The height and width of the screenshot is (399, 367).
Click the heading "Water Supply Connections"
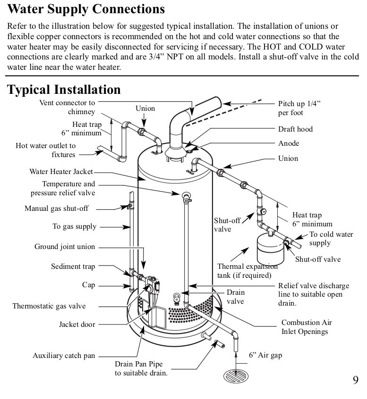pyautogui.click(x=86, y=9)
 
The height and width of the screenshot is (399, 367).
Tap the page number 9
pyautogui.click(x=355, y=380)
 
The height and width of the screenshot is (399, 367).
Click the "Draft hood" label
pyautogui.click(x=295, y=129)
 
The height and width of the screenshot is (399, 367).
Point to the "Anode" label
pyautogui.click(x=288, y=143)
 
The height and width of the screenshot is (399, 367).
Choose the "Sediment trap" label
pyautogui.click(x=73, y=266)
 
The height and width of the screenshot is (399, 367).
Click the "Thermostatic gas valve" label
pyautogui.click(x=49, y=306)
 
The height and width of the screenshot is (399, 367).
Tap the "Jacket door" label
pyautogui.click(x=77, y=324)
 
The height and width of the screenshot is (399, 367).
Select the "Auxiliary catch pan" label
pyautogui.click(x=64, y=356)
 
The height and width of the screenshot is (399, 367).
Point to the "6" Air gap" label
pyautogui.click(x=265, y=355)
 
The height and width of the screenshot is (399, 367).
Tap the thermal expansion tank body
pyautogui.click(x=268, y=250)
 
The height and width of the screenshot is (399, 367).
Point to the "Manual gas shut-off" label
pyautogui.click(x=56, y=208)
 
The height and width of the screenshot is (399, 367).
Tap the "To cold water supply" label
pyautogui.click(x=331, y=239)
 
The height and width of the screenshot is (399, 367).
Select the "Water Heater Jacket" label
pyautogui.click(x=61, y=172)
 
